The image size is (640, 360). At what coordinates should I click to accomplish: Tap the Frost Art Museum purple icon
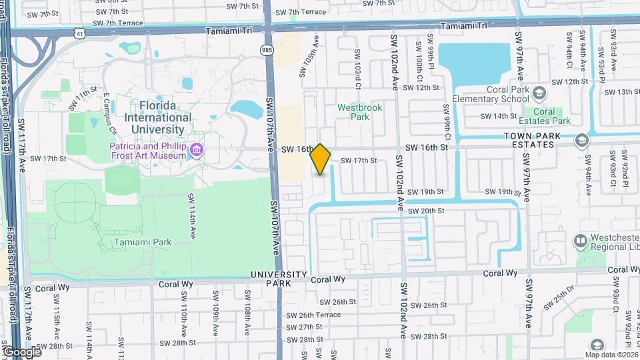pos(197,151)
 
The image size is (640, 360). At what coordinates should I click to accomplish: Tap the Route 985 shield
pos(267,50)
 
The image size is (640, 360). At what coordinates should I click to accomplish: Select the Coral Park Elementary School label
pos(490,94)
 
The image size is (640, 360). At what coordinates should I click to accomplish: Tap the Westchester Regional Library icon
pos(581,240)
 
